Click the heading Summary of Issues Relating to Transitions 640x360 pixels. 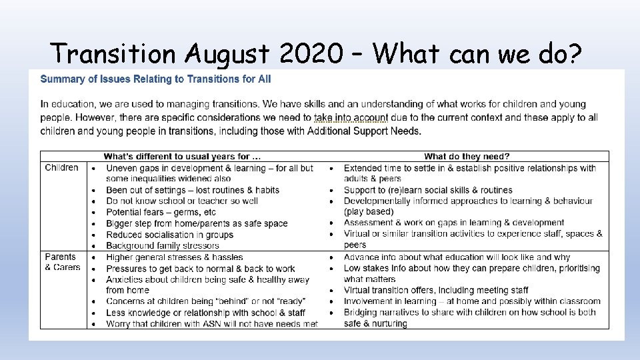click(x=156, y=79)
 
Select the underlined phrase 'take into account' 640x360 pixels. click(x=351, y=117)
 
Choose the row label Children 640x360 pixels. click(x=61, y=168)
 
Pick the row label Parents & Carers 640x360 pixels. click(x=62, y=262)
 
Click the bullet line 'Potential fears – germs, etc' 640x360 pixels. click(x=161, y=212)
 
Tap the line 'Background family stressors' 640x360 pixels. click(x=163, y=246)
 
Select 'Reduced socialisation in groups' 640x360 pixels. click(x=169, y=235)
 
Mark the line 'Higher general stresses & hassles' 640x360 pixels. click(x=175, y=257)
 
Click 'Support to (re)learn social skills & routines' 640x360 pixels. click(x=428, y=190)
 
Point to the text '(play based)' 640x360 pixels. click(x=369, y=212)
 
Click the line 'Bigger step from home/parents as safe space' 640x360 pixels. click(x=197, y=223)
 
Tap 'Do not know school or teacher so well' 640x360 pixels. click(x=182, y=201)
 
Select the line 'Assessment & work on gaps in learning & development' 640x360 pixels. click(x=454, y=223)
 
